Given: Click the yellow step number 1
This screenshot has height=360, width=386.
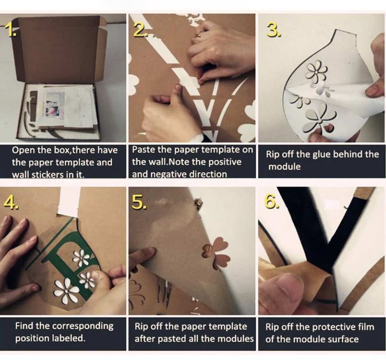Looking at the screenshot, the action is pos(10,30).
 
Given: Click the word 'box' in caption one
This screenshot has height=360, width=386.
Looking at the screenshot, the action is pos(63,150).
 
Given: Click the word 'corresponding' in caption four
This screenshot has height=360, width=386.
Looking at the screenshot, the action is pos(83,326).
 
